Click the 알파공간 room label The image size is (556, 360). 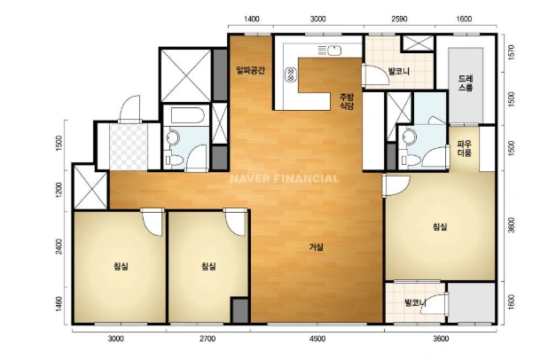tap(250, 71)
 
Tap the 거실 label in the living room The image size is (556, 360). tap(316, 247)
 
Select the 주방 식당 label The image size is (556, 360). tap(347, 101)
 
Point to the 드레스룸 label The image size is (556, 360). tap(466, 83)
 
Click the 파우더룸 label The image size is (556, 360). tap(464, 149)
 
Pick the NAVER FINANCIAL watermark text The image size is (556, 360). tap(285, 178)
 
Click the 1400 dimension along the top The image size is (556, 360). tap(252, 20)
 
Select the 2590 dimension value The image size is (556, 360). tap(399, 20)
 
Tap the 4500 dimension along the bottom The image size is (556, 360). tap(317, 339)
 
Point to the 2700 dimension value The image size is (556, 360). tap(208, 339)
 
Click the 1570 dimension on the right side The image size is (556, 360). tap(511, 52)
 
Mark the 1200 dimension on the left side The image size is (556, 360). tap(59, 190)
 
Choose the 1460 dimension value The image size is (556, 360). tap(59, 304)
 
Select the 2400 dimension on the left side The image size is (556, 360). tap(59, 247)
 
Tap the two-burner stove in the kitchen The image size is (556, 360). tap(291, 74)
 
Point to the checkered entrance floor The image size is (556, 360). tap(128, 146)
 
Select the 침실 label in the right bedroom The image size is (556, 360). tap(440, 227)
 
